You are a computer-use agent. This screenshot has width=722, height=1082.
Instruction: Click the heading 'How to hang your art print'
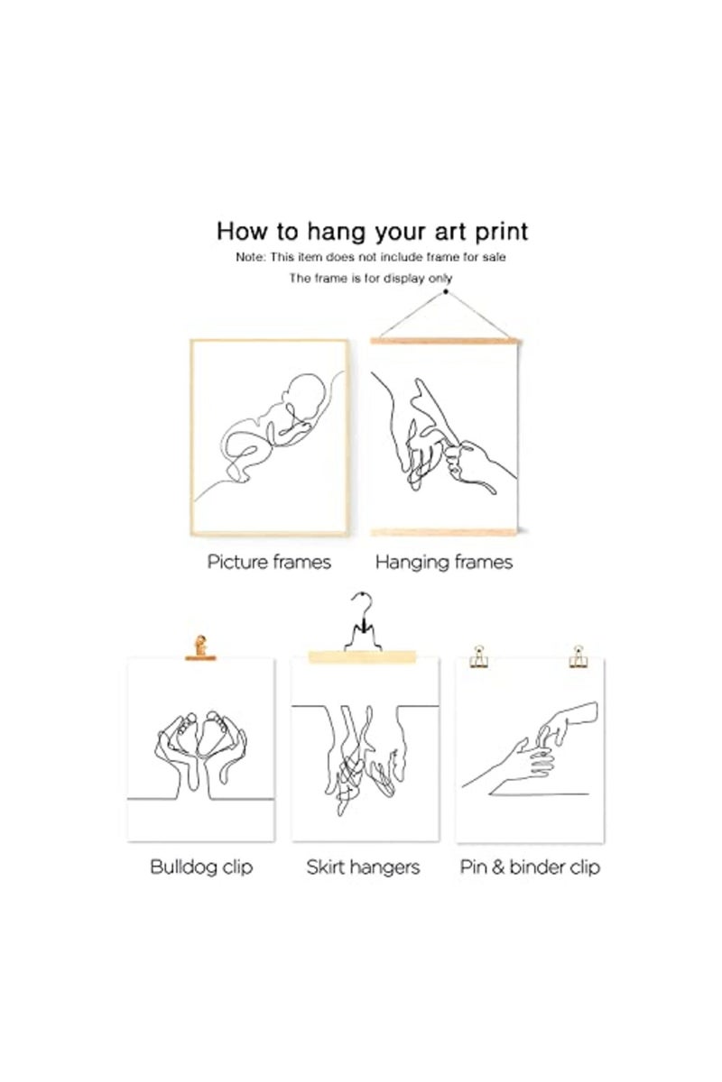(372, 232)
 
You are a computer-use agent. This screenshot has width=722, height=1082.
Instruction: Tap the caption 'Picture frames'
(269, 563)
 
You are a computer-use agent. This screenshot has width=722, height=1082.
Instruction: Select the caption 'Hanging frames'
(444, 563)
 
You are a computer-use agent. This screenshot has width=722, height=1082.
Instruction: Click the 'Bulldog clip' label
(201, 867)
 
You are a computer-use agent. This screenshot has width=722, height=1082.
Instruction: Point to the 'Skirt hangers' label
(363, 867)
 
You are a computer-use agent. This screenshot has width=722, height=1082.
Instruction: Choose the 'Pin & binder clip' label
(530, 867)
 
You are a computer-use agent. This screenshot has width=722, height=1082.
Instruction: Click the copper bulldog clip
(200, 647)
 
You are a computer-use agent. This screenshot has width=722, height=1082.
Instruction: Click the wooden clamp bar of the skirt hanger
(362, 657)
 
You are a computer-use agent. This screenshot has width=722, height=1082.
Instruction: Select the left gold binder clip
(478, 656)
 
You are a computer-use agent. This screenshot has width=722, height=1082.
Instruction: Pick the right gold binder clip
(578, 656)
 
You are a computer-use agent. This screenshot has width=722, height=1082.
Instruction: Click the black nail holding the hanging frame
(446, 292)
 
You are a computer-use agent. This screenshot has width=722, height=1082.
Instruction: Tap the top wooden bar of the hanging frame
(444, 341)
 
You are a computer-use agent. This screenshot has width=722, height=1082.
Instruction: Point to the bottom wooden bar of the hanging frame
(444, 532)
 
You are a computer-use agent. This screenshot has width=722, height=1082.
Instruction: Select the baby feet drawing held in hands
(200, 733)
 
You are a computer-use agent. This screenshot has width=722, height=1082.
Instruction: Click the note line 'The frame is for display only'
(370, 279)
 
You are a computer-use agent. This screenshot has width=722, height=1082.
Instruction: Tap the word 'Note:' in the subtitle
(251, 257)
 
